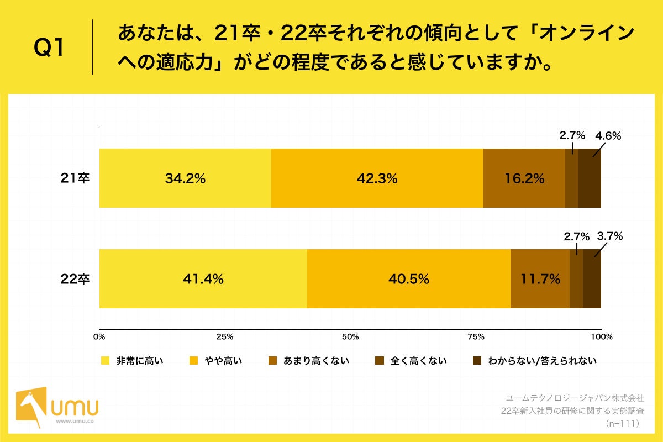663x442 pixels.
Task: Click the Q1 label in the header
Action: tap(50, 49)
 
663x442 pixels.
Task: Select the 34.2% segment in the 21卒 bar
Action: tap(185, 178)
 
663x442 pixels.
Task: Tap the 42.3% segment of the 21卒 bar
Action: tap(377, 178)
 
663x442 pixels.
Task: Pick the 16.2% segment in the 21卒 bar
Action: tap(524, 178)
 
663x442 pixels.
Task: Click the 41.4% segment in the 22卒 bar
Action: tap(203, 279)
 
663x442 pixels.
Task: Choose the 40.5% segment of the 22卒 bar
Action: tap(408, 279)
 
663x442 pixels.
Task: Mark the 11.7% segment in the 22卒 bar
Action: tap(540, 279)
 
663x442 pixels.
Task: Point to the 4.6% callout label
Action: tap(608, 136)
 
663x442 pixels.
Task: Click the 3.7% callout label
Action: tap(609, 236)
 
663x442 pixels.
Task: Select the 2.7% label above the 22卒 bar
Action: tap(577, 236)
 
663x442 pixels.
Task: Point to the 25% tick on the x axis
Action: tap(224, 336)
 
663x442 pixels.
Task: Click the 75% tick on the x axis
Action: tap(476, 336)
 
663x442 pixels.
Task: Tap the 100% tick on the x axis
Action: tap(601, 336)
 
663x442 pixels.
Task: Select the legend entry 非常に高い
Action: tap(139, 361)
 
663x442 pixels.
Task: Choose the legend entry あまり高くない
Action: tap(315, 361)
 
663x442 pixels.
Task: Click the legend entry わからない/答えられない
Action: tap(541, 361)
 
